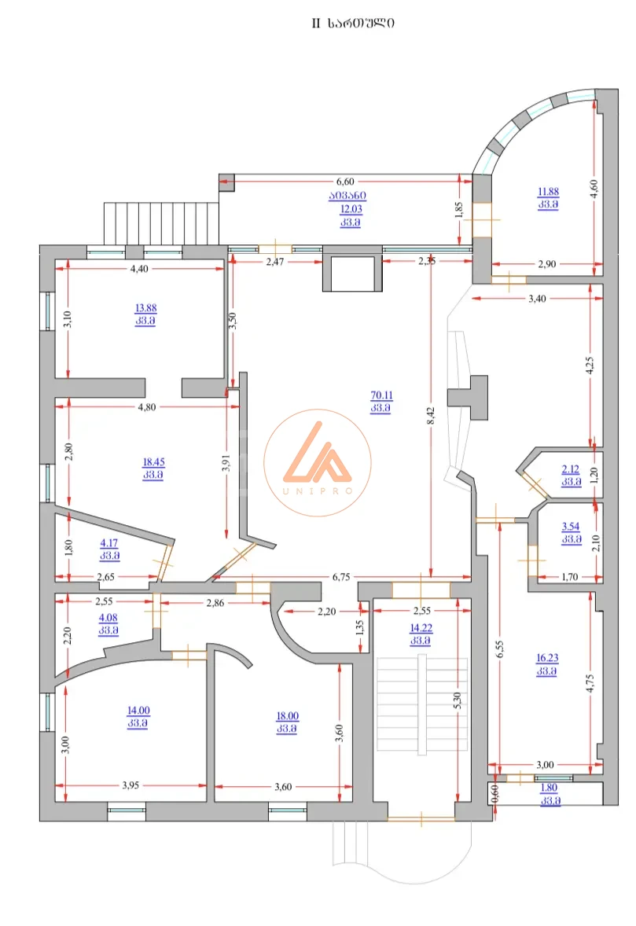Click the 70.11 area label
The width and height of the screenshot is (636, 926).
point(381,395)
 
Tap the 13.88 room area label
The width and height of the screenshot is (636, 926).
point(146,307)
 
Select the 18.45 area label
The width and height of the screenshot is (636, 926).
point(153,461)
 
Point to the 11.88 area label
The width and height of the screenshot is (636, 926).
point(548,191)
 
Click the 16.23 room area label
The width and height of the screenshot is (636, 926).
point(547,658)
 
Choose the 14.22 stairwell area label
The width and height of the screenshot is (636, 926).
point(421,628)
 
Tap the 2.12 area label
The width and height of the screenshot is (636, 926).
point(571,469)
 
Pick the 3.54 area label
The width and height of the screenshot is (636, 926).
point(571,526)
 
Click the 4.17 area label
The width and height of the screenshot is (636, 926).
point(109,543)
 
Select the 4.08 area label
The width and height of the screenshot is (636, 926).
point(108,618)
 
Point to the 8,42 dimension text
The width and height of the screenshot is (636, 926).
point(431,415)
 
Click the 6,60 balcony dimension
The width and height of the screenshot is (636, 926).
point(345,182)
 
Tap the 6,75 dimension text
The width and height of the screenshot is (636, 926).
point(341,577)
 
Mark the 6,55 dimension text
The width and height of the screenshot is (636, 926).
point(500,649)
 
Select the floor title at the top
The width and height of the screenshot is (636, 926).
point(353,23)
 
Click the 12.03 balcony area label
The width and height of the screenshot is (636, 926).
point(351,208)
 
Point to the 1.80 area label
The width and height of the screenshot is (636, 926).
point(550,787)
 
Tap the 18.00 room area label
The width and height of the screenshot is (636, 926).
point(288,716)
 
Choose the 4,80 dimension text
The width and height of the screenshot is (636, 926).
point(146,407)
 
